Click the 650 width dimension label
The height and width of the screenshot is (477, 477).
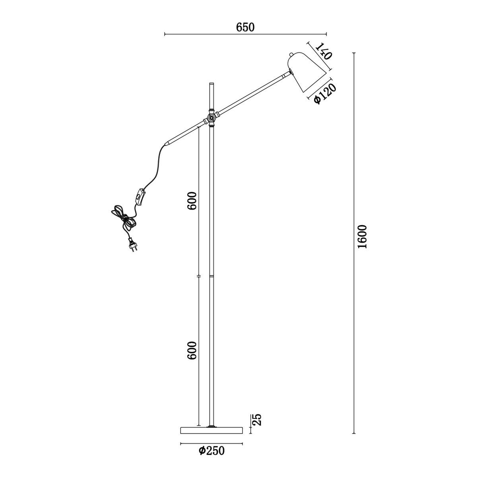click(245, 27)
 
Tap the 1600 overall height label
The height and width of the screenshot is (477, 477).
click(363, 237)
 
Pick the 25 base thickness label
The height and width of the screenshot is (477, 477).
click(257, 419)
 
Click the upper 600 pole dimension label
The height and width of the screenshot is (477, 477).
click(192, 200)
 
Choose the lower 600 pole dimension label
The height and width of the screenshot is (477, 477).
click(192, 350)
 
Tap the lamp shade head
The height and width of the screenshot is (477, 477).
click(306, 72)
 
